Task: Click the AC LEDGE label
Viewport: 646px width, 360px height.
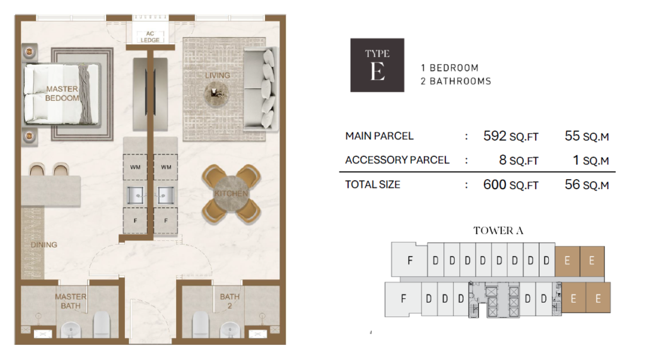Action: pyautogui.click(x=150, y=37)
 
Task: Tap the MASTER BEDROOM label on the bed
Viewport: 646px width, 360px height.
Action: pyautogui.click(x=62, y=93)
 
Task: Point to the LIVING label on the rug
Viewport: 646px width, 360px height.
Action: pyautogui.click(x=218, y=76)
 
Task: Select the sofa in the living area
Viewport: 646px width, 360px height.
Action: pyautogui.click(x=261, y=88)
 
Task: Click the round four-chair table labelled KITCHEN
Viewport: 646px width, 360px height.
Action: pyautogui.click(x=231, y=194)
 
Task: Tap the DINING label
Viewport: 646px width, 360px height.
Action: pyautogui.click(x=44, y=245)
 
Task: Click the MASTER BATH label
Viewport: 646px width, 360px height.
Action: pyautogui.click(x=71, y=301)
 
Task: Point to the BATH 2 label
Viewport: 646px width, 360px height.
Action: pyautogui.click(x=230, y=301)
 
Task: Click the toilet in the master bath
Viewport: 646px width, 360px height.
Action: pyautogui.click(x=102, y=324)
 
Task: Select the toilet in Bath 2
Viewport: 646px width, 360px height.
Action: pyautogui.click(x=201, y=324)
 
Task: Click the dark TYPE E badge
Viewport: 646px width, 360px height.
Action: pyautogui.click(x=377, y=65)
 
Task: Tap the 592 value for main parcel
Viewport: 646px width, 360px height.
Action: pyautogui.click(x=495, y=136)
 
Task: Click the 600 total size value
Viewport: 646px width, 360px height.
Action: pyautogui.click(x=495, y=185)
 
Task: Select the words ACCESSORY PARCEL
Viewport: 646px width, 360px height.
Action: pyautogui.click(x=397, y=160)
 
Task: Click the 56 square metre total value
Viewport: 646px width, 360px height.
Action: pyautogui.click(x=572, y=185)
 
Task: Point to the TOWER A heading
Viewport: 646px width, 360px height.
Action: pyautogui.click(x=498, y=231)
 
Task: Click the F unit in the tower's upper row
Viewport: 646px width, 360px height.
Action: pyautogui.click(x=409, y=260)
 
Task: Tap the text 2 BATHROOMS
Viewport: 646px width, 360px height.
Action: pyautogui.click(x=456, y=81)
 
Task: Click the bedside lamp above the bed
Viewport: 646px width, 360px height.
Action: pyautogui.click(x=29, y=52)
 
